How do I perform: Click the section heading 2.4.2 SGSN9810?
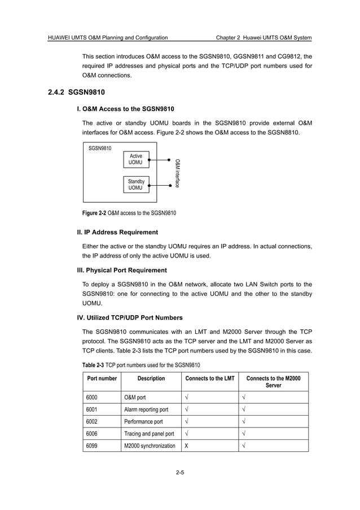tap(77, 92)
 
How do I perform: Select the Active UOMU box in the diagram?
tap(136, 159)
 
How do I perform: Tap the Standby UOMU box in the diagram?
tap(136, 184)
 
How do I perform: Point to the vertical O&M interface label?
tap(177, 173)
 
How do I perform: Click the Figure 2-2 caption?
tap(129, 213)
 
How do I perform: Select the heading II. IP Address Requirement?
tap(117, 232)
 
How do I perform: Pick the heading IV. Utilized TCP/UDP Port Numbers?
tap(130, 317)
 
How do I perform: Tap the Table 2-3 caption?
tap(141, 365)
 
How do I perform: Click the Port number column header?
tap(102, 378)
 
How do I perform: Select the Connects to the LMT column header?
tap(209, 378)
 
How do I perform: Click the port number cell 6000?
tap(93, 397)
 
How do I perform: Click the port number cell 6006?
tap(93, 434)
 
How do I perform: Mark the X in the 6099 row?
tap(187, 446)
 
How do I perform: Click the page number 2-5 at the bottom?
tap(180, 481)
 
